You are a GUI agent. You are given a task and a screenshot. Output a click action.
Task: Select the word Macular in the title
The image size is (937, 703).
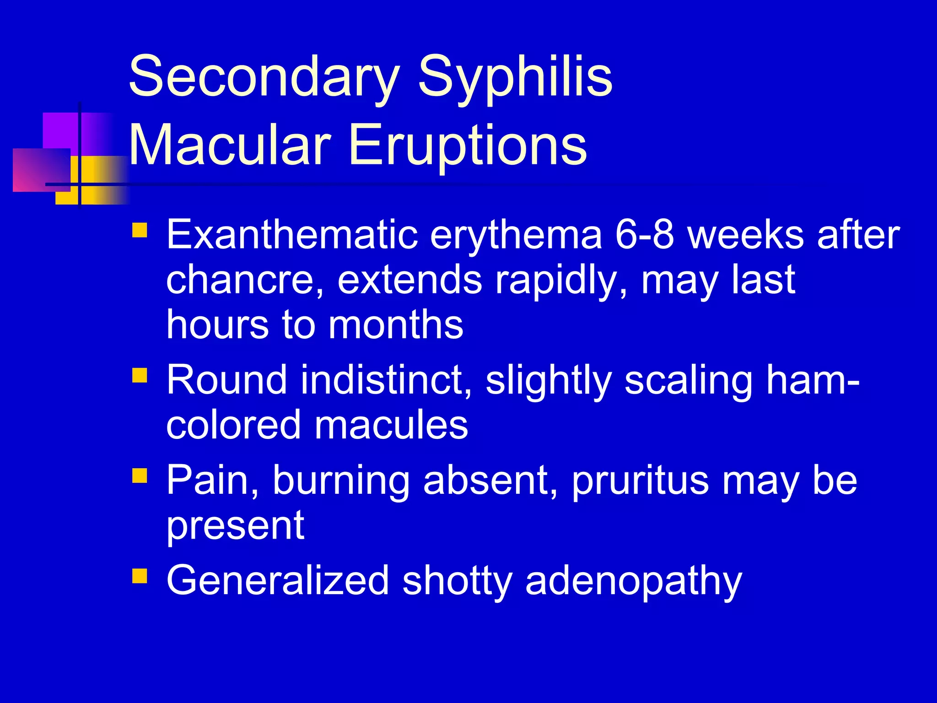coord(230,146)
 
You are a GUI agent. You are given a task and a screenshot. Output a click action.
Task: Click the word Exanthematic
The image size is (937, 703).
coord(292,235)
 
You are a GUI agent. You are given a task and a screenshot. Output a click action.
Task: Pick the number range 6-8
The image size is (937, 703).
coord(645,235)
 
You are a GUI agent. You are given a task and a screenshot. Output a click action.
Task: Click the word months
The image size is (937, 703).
coord(396,324)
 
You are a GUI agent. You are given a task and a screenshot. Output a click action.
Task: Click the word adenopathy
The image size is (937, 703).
coord(633,581)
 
